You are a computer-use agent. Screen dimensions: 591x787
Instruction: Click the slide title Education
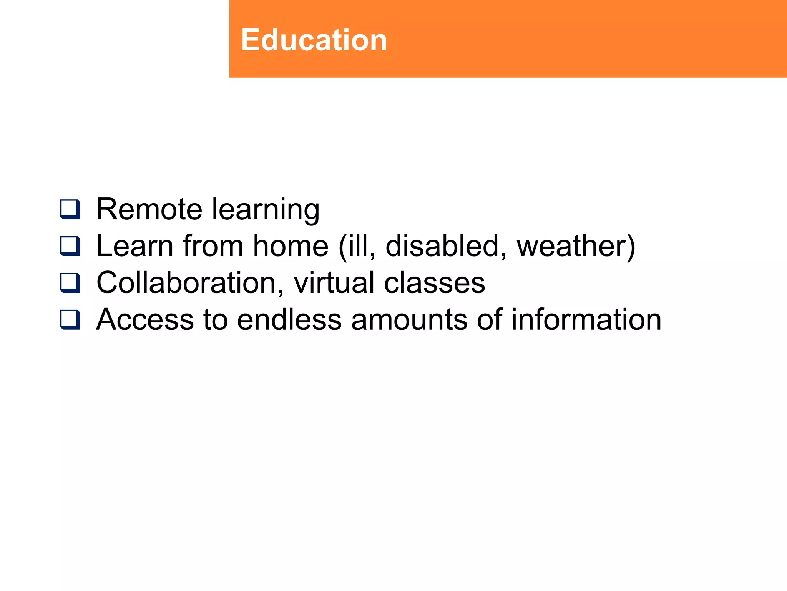(314, 40)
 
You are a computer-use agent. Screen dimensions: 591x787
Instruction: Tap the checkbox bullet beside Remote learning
(70, 209)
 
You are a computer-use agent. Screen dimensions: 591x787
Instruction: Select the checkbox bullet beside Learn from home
(70, 246)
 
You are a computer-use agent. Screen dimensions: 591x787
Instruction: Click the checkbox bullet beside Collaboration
(70, 283)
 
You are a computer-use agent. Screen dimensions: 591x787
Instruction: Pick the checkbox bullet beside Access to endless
(70, 320)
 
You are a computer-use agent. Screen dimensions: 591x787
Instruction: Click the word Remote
(149, 209)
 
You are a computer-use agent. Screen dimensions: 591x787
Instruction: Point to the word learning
(266, 210)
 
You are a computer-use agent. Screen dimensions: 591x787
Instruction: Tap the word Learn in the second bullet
(135, 246)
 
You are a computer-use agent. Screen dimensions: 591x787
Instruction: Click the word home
(291, 246)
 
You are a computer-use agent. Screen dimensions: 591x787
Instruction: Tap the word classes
(434, 284)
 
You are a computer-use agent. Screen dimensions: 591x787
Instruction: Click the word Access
(145, 320)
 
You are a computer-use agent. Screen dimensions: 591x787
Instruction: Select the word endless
(289, 320)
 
